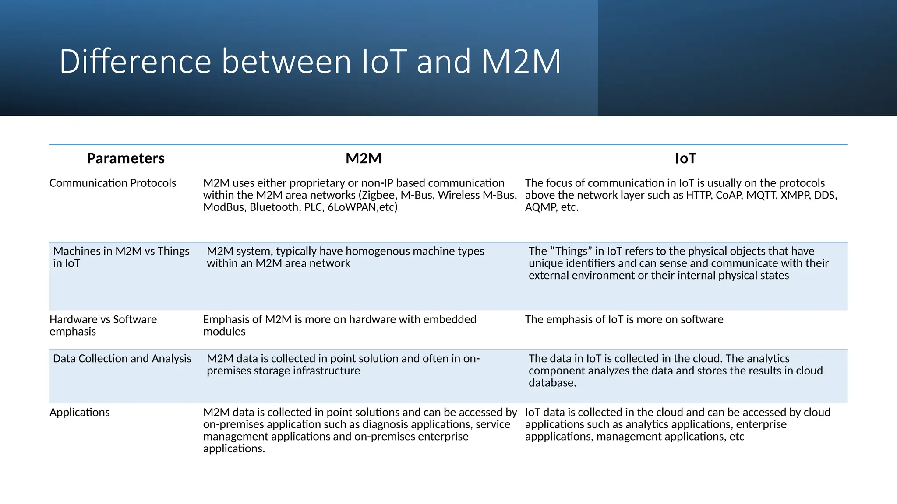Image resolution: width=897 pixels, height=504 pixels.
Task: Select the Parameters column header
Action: tap(126, 158)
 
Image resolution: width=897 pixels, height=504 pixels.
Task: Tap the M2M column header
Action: tap(364, 158)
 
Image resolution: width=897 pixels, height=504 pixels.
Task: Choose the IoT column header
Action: tap(685, 158)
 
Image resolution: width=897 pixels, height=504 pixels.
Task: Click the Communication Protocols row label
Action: tap(113, 183)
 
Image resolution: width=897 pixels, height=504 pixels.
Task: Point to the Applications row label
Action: tap(80, 412)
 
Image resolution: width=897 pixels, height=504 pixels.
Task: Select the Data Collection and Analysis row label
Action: tap(122, 359)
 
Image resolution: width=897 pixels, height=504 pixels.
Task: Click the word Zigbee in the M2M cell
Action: tap(379, 195)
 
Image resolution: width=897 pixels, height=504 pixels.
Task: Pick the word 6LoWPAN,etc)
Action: tap(363, 207)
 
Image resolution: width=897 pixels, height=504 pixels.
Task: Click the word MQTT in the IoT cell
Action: tap(761, 195)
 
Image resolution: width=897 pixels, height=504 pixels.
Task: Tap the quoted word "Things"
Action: tap(571, 251)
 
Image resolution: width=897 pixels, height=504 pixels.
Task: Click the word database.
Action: tap(552, 383)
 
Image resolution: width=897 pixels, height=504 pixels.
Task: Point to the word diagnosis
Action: tap(387, 424)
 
